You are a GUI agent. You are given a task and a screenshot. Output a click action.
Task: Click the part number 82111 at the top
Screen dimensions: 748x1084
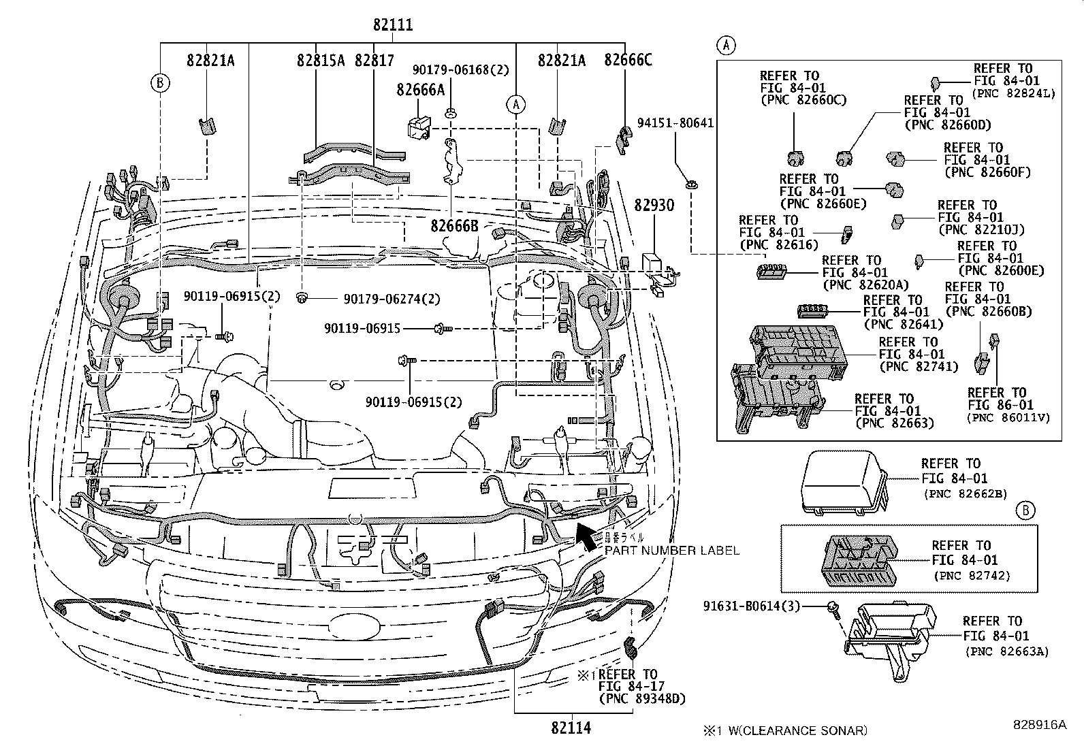392,26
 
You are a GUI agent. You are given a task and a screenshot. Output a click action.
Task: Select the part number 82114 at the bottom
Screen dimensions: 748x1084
571,728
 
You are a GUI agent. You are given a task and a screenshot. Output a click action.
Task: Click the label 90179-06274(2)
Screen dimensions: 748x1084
392,299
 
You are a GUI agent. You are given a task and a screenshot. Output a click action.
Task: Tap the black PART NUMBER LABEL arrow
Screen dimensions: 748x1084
586,535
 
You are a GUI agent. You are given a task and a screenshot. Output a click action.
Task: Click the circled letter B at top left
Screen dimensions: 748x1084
159,83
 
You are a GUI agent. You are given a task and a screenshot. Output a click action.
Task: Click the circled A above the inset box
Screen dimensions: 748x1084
727,46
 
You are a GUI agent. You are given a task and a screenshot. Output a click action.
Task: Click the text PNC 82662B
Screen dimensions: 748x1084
965,493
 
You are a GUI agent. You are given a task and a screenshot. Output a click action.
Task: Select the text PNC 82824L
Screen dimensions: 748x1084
1013,93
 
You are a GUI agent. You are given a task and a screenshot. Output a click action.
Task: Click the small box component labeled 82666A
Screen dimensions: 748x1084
418,127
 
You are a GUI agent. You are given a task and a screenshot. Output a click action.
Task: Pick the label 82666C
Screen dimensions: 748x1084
628,61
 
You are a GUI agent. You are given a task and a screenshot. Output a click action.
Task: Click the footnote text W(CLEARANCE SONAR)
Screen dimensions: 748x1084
794,731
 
